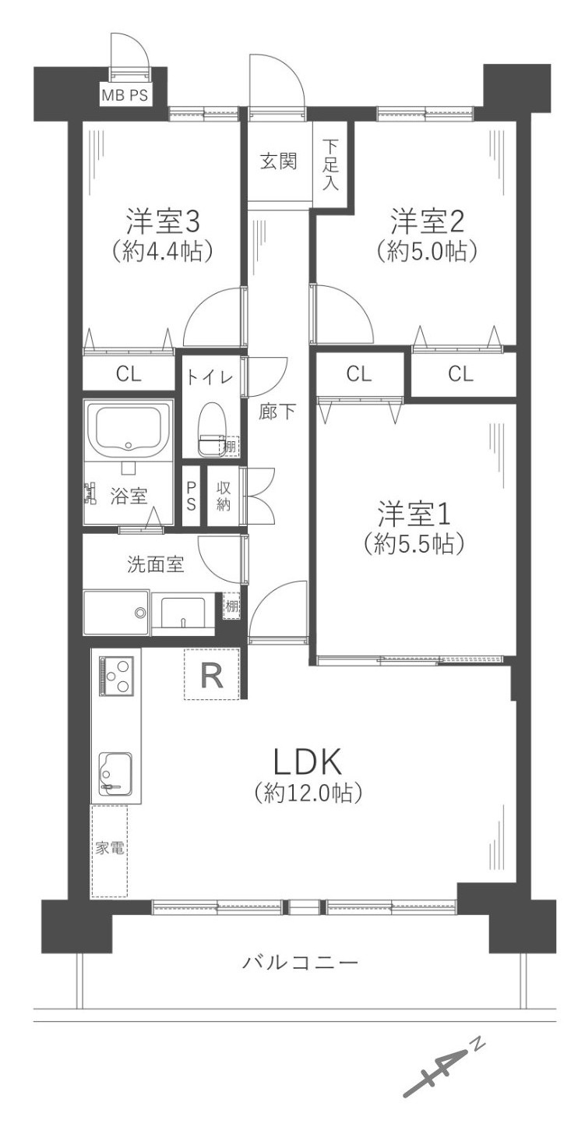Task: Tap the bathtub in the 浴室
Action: point(128,428)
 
